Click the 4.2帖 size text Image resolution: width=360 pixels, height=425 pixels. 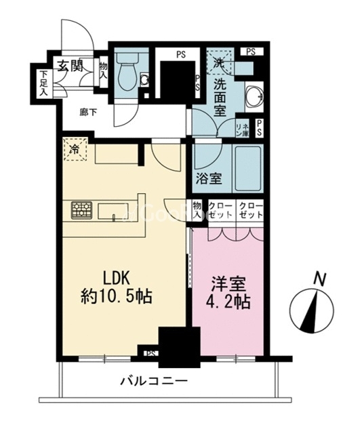(x=228, y=300)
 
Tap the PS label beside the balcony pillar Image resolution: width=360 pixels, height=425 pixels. (x=150, y=352)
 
